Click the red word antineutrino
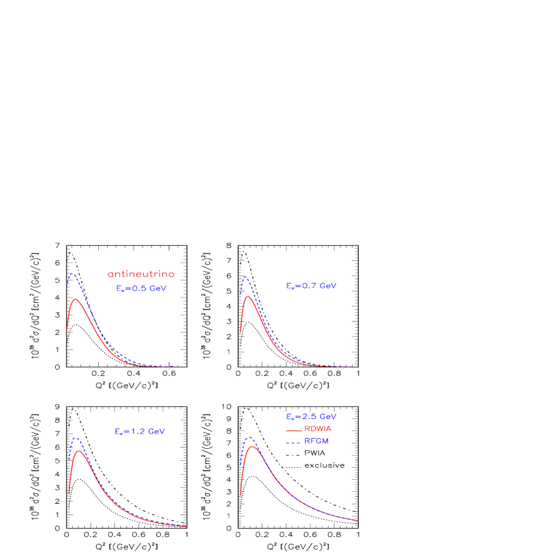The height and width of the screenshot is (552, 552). [141, 274]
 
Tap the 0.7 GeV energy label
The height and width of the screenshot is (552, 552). [311, 286]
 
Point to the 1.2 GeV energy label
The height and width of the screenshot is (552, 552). [140, 431]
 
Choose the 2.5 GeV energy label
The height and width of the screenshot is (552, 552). [311, 417]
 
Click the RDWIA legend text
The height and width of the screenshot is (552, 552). [318, 429]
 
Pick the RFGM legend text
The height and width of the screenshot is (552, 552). [317, 441]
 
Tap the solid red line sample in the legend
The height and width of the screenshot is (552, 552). [293, 430]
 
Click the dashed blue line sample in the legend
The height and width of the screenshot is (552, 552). [293, 442]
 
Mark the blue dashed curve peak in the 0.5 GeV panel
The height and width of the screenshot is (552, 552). [73, 273]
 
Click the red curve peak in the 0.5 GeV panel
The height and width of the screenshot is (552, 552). [76, 299]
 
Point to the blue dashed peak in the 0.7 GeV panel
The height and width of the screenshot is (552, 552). [246, 277]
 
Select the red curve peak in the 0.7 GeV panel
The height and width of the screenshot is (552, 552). [248, 296]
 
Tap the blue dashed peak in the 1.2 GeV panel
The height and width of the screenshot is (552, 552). [76, 437]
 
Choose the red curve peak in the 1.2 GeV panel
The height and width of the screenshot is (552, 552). [78, 451]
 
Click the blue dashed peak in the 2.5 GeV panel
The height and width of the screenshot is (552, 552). [250, 437]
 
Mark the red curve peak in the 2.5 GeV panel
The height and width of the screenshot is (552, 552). [253, 446]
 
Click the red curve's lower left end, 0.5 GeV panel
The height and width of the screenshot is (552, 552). [67, 329]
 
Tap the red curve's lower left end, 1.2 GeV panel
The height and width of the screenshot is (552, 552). [69, 493]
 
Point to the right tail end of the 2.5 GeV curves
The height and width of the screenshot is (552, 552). [358, 520]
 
